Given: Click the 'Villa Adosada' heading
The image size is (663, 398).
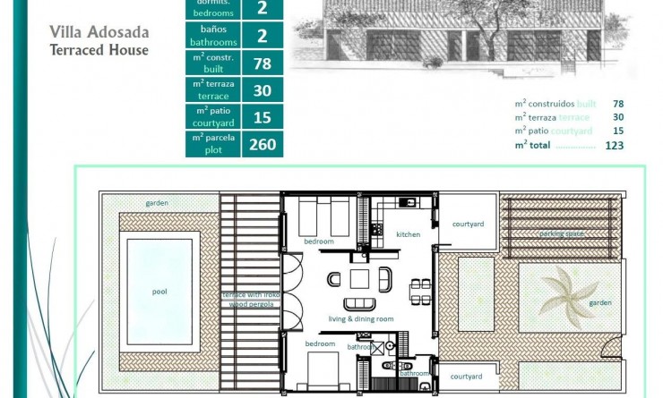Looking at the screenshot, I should pyautogui.click(x=99, y=33).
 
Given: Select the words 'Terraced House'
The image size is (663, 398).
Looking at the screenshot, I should pyautogui.click(x=99, y=50).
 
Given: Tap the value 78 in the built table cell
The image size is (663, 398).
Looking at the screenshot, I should pyautogui.click(x=262, y=63).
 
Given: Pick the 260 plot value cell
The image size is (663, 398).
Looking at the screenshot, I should pyautogui.click(x=262, y=143).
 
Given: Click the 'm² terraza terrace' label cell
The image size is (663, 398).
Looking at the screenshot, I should pyautogui.click(x=213, y=89).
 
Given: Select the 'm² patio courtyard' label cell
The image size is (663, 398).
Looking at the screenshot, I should pyautogui.click(x=213, y=116).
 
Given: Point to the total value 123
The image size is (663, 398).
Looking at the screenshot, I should pyautogui.click(x=614, y=145).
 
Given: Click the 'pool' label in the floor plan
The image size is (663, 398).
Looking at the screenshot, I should pyautogui.click(x=159, y=291).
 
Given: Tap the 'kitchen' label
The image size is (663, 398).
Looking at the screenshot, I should pyautogui.click(x=408, y=234).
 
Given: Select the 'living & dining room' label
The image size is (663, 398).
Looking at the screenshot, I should pyautogui.click(x=361, y=318).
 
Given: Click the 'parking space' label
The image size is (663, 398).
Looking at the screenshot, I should pyautogui.click(x=562, y=233).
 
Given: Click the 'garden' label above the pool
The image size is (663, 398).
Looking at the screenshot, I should pyautogui.click(x=157, y=203).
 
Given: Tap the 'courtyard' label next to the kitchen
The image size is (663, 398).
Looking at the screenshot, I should pyautogui.click(x=468, y=224).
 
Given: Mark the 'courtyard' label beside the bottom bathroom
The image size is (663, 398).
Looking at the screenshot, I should pyautogui.click(x=467, y=377).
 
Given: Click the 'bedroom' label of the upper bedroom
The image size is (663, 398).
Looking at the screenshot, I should pyautogui.click(x=318, y=241).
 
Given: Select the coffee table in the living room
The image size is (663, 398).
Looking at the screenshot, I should pyautogui.click(x=359, y=278).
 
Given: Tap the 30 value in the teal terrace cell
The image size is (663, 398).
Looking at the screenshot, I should pyautogui.click(x=262, y=89).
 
